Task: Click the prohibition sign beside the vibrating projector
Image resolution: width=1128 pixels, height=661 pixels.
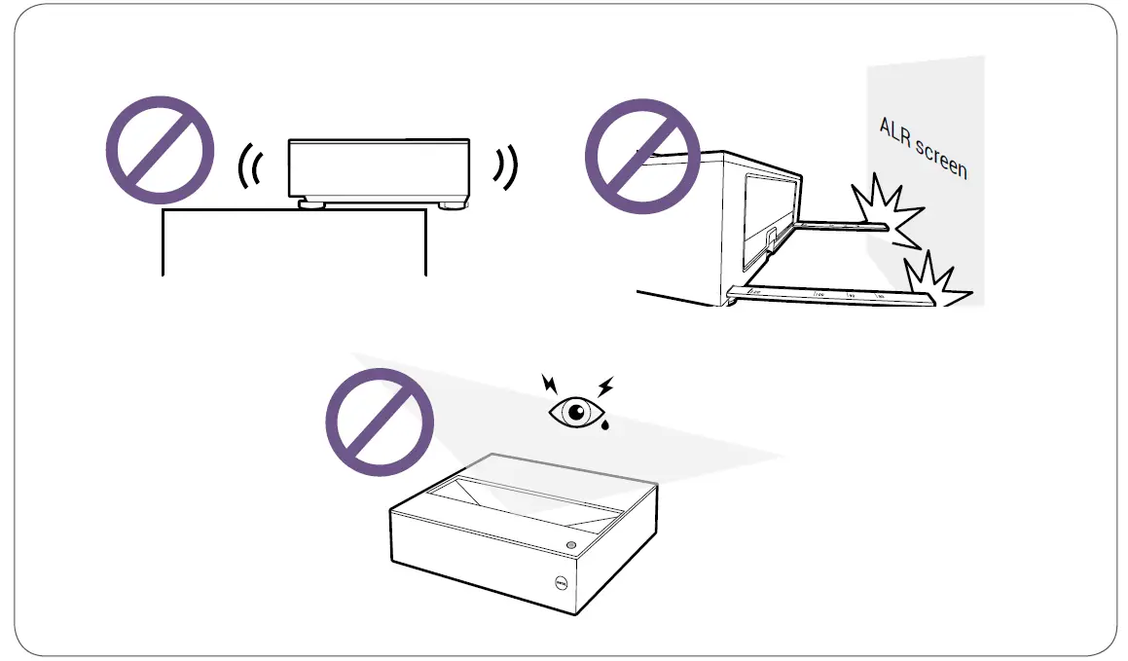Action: click(x=160, y=149)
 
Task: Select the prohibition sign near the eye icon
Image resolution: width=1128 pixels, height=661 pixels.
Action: click(x=379, y=421)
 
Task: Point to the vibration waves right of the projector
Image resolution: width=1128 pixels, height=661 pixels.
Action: click(x=504, y=168)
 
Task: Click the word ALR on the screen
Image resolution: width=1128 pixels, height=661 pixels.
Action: click(x=896, y=132)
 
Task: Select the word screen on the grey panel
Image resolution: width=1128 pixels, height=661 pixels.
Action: click(x=940, y=159)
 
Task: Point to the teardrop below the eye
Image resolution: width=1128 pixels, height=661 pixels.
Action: click(x=605, y=427)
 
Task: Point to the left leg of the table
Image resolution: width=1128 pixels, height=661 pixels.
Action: click(x=162, y=243)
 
